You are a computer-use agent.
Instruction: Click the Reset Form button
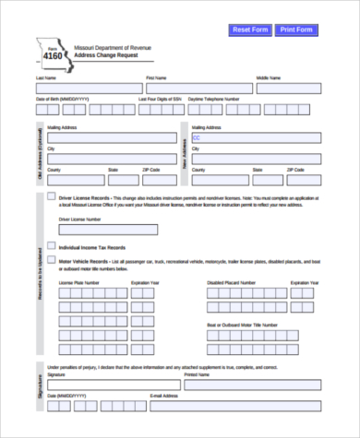coord(249,30)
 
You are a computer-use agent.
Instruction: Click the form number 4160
coord(53,57)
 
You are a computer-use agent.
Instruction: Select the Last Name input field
coord(84,89)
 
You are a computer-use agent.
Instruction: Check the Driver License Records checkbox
coord(50,197)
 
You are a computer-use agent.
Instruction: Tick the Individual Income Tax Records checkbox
coord(50,247)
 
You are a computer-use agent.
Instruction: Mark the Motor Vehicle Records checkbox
coord(50,261)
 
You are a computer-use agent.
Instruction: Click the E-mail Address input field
coord(235,405)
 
